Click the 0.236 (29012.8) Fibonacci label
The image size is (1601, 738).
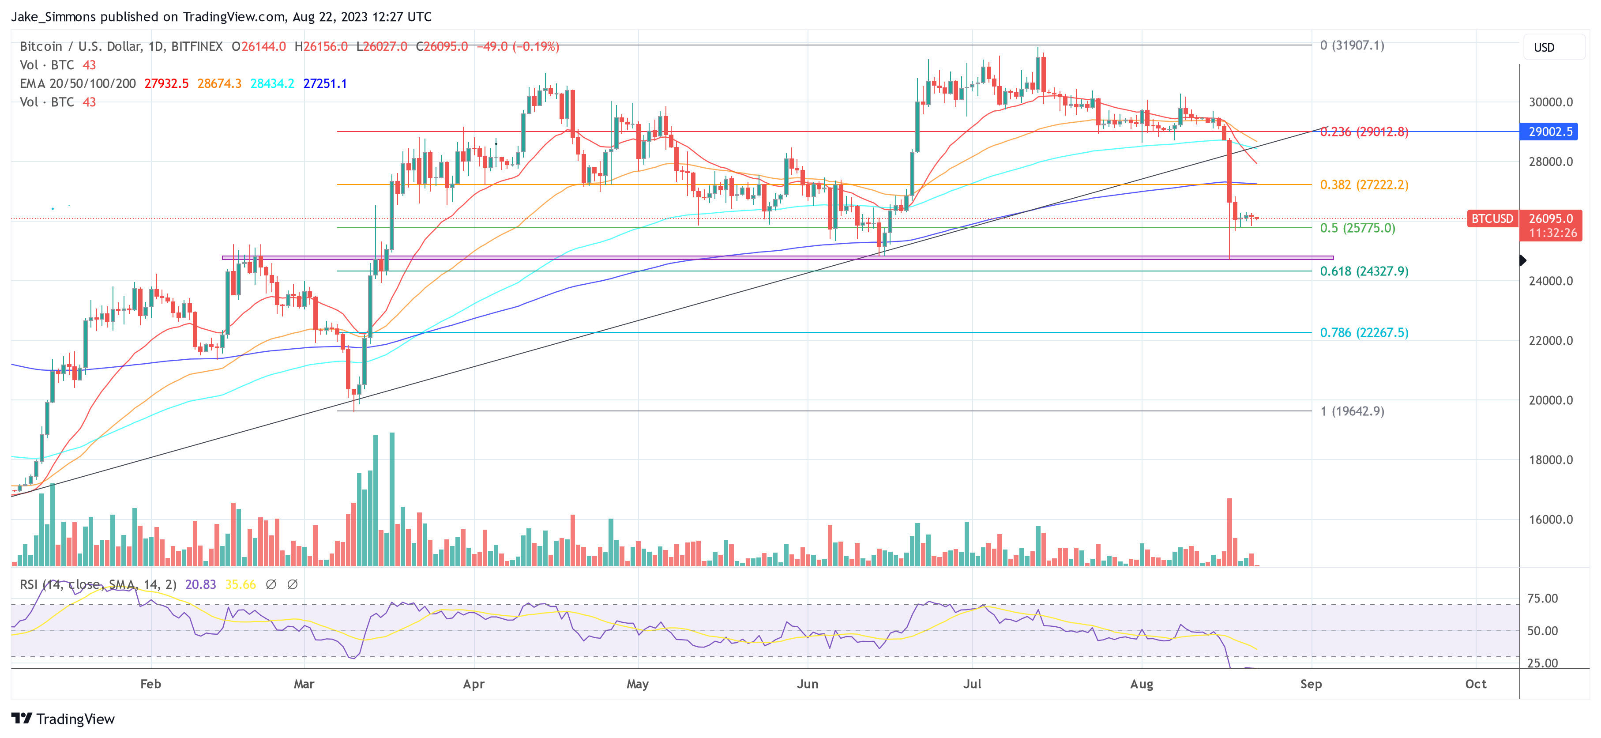(x=1364, y=132)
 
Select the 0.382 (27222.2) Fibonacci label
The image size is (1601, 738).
(x=1364, y=184)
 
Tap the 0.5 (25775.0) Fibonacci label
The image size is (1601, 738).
(x=1357, y=228)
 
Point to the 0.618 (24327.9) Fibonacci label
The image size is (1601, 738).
(x=1364, y=271)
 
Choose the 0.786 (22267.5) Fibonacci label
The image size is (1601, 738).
(x=1364, y=333)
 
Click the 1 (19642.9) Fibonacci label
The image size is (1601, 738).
(x=1352, y=411)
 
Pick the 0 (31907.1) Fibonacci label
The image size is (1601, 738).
(x=1352, y=45)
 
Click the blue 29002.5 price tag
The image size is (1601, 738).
(x=1550, y=132)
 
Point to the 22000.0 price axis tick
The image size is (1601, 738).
(x=1551, y=341)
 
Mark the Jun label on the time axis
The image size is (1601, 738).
(x=807, y=684)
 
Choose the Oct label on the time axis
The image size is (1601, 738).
(x=1476, y=684)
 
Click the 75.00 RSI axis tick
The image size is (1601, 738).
(x=1543, y=599)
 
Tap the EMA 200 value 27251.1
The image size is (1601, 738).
(x=325, y=83)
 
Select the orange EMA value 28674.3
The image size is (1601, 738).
(x=219, y=83)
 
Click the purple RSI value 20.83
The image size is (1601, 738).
(x=201, y=584)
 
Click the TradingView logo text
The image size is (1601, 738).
(x=75, y=719)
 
